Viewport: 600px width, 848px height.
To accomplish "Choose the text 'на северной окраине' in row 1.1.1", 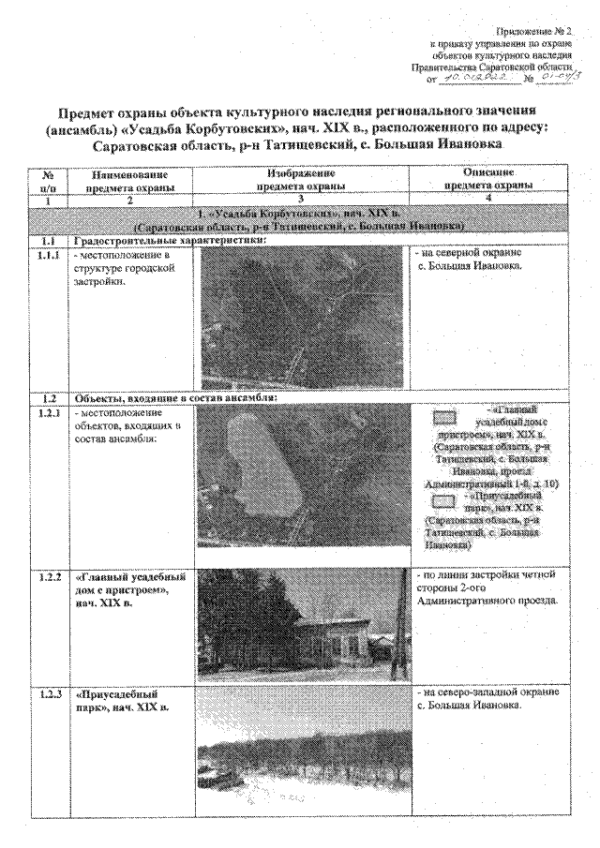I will tap(468, 254).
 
